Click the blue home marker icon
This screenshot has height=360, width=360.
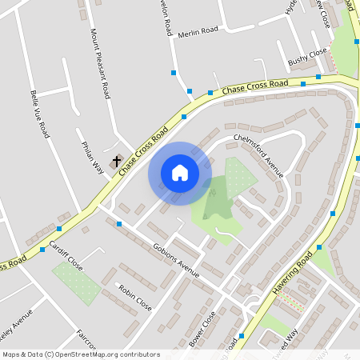point(180,173)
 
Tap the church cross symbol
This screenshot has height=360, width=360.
point(117,161)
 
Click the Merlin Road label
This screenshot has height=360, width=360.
point(199,30)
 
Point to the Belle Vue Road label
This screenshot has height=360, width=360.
point(39,114)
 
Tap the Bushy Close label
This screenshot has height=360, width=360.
point(308,57)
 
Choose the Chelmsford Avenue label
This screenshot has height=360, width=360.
point(259,154)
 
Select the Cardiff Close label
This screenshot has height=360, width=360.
point(66,254)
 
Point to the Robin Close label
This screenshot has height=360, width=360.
point(134,298)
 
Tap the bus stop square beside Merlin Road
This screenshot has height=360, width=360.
point(174,73)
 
